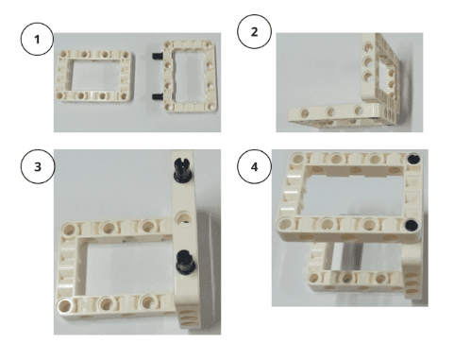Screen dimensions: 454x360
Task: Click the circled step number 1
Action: coord(37,40)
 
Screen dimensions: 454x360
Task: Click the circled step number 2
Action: coord(254,31)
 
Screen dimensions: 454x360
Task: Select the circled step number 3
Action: coord(38,166)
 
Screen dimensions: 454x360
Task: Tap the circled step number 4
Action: coord(254,166)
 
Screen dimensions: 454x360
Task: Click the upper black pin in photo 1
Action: coord(158,56)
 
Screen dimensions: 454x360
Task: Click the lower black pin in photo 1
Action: coord(158,96)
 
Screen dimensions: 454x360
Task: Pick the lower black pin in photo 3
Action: coord(186,262)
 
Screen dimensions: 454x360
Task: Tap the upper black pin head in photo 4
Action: coord(413,159)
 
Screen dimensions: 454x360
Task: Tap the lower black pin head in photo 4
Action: coord(412,225)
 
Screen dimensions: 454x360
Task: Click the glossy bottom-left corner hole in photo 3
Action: coord(64,305)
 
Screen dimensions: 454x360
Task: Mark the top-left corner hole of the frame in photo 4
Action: coord(297,158)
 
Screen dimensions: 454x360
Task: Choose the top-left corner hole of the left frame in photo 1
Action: coord(63,55)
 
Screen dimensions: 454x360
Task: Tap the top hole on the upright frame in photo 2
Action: coord(368,47)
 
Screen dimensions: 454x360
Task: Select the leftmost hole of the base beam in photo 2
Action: coord(305,113)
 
